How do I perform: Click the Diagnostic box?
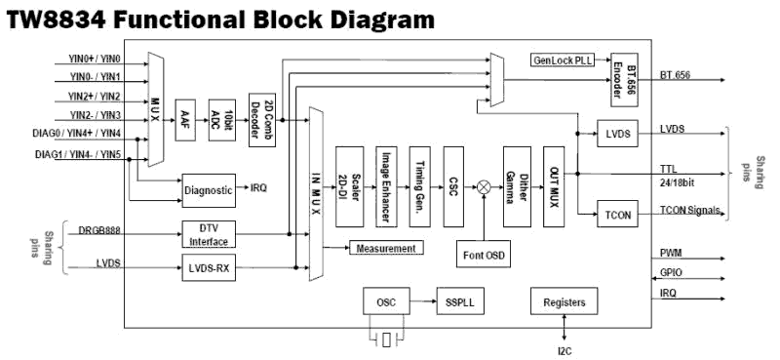(x=209, y=190)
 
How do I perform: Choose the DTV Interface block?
(x=209, y=233)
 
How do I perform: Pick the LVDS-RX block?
(x=209, y=265)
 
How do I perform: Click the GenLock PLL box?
(x=564, y=60)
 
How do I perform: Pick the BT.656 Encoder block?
(x=623, y=74)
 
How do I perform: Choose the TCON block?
(x=615, y=211)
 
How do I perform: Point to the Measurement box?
(x=387, y=249)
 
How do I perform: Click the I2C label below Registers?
(x=562, y=348)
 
